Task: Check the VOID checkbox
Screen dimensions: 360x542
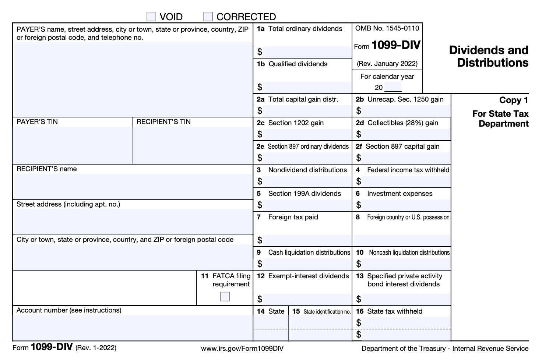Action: point(151,17)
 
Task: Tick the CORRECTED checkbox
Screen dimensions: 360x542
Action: point(208,17)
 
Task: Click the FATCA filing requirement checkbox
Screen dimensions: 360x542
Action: point(225,297)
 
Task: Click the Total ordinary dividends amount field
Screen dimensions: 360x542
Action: point(307,52)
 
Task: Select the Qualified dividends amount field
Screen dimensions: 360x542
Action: point(307,87)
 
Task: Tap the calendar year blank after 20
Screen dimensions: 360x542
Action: point(393,87)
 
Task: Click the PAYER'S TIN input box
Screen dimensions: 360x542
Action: point(73,145)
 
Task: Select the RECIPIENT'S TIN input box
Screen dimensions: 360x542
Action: point(193,145)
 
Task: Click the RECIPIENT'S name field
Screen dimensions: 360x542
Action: point(133,186)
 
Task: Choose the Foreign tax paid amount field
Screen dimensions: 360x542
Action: point(307,240)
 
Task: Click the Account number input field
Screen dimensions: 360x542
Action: point(133,328)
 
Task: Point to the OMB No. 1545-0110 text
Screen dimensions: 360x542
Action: point(387,28)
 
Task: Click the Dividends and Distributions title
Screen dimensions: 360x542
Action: point(489,56)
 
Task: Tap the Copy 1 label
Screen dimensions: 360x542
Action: point(514,100)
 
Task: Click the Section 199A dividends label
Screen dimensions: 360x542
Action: point(305,194)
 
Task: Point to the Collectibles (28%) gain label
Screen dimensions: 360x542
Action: point(403,123)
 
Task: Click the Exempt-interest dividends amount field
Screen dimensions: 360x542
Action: point(307,299)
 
